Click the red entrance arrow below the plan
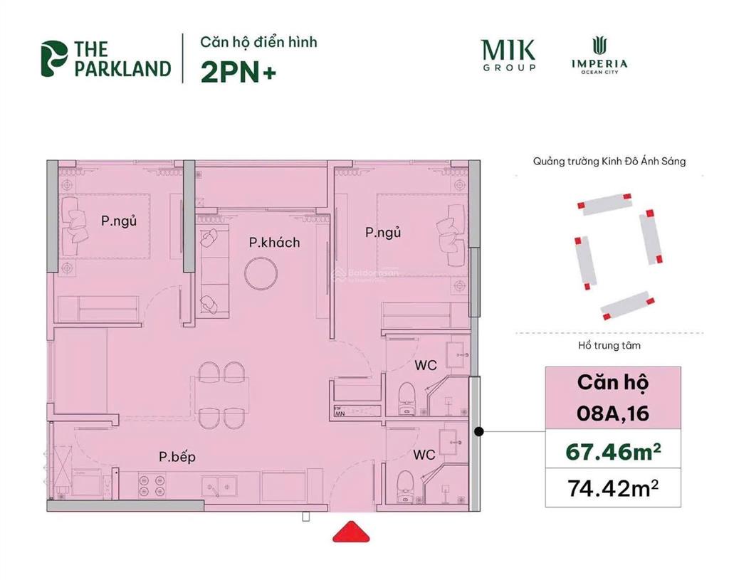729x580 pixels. coord(349,532)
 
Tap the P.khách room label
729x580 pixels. coord(274,243)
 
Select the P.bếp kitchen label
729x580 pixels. coord(177,457)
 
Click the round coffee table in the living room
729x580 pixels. coord(260,274)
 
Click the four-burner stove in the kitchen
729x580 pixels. coord(150,485)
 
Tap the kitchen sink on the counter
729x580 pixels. coord(221,486)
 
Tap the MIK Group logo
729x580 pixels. coord(508,55)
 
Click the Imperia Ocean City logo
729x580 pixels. coord(599,55)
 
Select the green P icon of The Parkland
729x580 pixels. coord(54,58)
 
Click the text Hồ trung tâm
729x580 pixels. coord(609,346)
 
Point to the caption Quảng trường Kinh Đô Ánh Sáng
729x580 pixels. coord(609,162)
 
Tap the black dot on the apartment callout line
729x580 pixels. coord(480,431)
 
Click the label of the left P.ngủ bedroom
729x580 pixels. coord(118,221)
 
